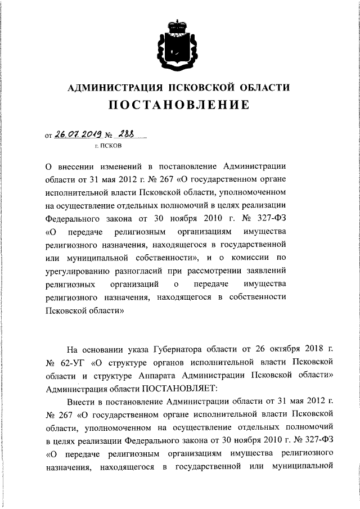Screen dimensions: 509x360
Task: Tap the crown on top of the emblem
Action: click(179, 24)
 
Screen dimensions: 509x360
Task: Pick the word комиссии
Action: click(257, 258)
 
